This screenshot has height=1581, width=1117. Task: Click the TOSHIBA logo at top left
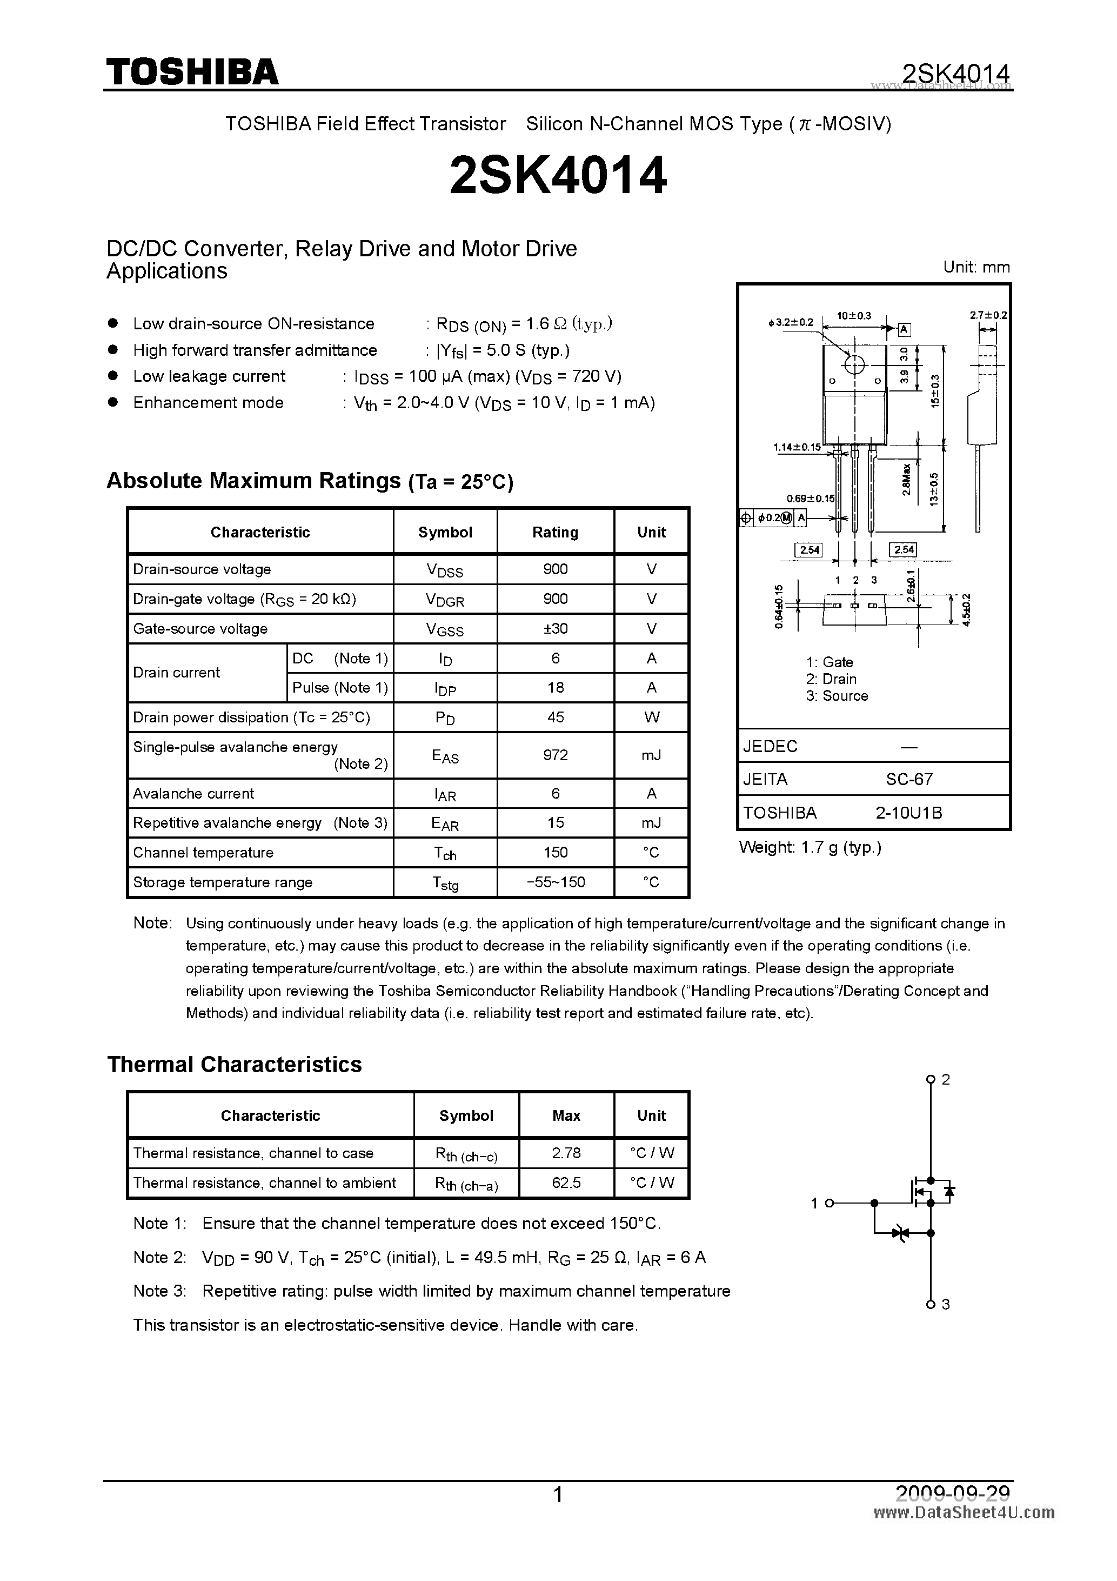click(192, 71)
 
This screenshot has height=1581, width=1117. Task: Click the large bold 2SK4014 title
click(558, 176)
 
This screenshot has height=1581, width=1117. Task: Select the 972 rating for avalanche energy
click(556, 755)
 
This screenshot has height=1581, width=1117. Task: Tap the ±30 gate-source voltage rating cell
click(556, 628)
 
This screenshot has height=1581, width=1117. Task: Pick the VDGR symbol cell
click(445, 599)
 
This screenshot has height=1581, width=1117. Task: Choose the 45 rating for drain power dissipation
click(556, 717)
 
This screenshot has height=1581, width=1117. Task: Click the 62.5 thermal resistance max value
click(566, 1183)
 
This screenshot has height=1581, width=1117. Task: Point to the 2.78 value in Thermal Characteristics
click(566, 1153)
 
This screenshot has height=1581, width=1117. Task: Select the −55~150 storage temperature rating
click(556, 882)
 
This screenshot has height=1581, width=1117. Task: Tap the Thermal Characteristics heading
click(234, 1065)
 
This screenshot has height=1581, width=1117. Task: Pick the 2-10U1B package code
click(908, 813)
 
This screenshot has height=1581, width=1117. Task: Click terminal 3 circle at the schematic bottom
click(931, 1304)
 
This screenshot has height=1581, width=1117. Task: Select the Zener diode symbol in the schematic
click(899, 1233)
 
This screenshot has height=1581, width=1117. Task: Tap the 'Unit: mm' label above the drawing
click(976, 267)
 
